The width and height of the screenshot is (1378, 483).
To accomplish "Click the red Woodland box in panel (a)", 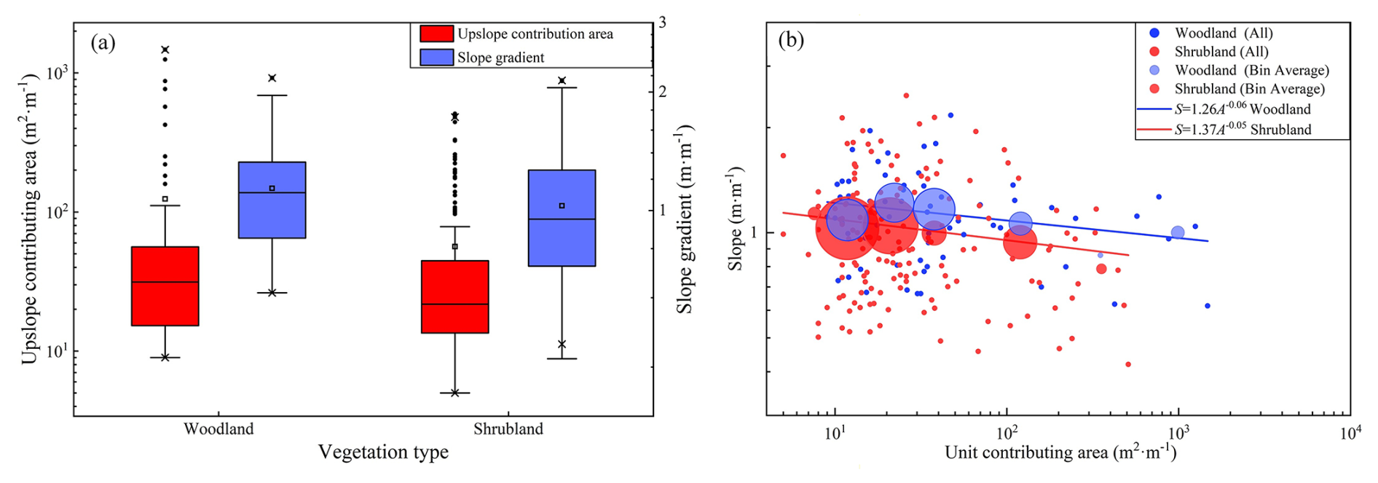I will (165, 286).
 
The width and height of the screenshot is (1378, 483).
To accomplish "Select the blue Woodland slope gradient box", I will (272, 200).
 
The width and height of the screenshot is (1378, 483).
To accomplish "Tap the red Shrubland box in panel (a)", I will (455, 297).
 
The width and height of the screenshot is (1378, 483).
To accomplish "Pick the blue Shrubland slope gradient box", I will (562, 218).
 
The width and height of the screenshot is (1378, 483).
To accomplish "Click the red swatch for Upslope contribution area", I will (437, 34).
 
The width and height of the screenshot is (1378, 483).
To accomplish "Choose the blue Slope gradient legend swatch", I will (437, 57).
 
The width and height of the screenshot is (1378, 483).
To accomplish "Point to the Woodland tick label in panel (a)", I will (218, 428).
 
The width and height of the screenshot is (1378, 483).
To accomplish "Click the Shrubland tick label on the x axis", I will (508, 428).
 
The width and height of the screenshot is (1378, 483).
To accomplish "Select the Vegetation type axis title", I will (383, 452).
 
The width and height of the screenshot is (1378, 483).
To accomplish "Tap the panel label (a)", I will (103, 42).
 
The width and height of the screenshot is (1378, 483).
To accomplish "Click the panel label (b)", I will (791, 39).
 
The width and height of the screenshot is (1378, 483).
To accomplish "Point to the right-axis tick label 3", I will (662, 23).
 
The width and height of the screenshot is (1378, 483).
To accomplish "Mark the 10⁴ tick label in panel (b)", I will (1350, 433).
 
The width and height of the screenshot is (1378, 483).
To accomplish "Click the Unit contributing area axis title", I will (1060, 452).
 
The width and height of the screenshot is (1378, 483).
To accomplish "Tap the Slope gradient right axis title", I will (685, 219).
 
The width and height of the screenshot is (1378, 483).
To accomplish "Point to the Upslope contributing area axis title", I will (30, 219).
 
